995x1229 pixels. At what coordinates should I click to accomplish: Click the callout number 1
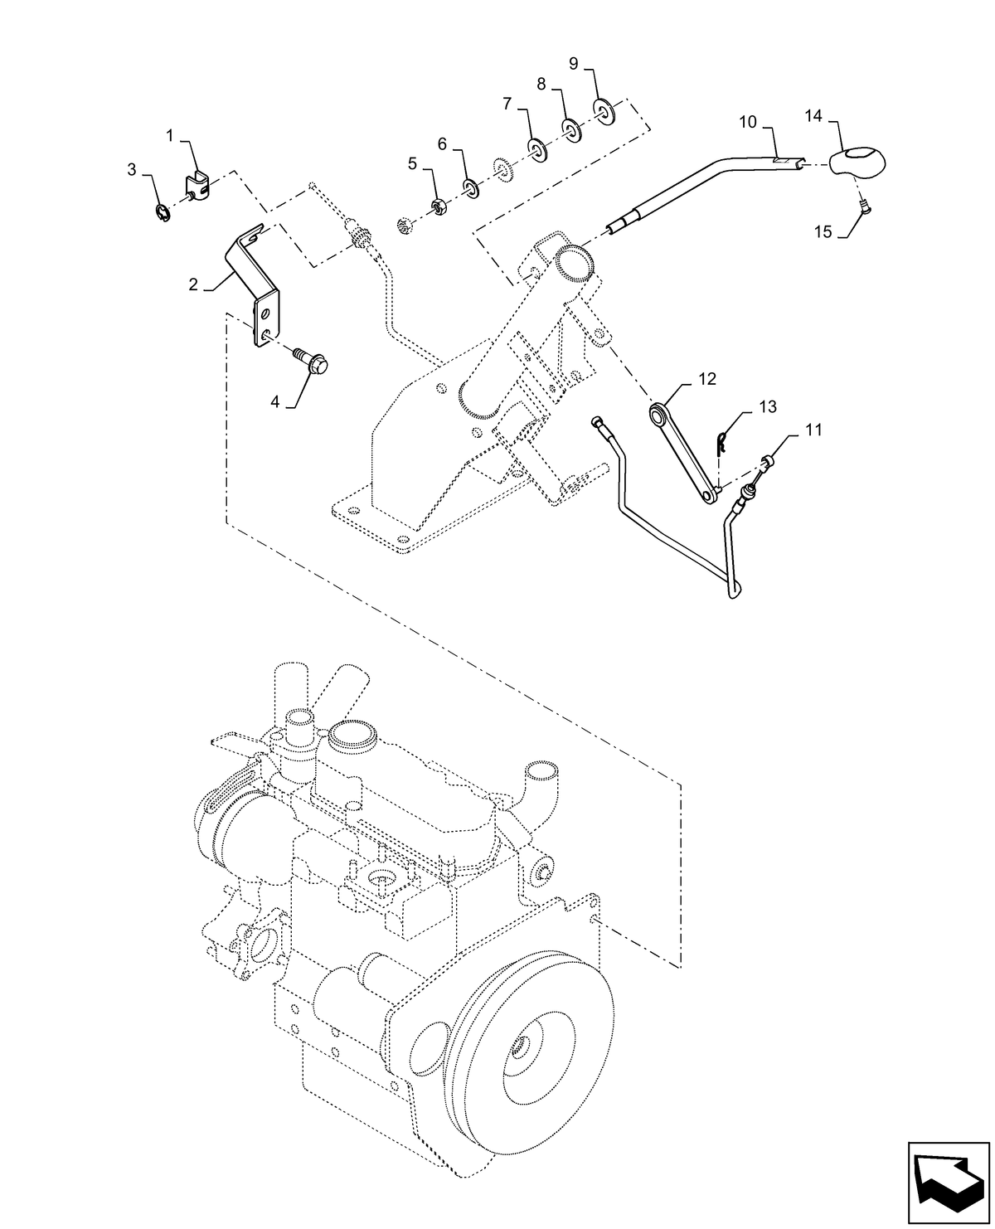[x=170, y=135]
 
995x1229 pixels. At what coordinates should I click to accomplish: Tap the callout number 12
[x=706, y=379]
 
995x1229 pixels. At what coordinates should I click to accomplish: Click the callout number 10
[x=748, y=122]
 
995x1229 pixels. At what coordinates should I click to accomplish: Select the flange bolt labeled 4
[x=313, y=361]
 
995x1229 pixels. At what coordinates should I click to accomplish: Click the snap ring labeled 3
[x=164, y=214]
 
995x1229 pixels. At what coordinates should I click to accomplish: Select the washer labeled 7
[x=536, y=150]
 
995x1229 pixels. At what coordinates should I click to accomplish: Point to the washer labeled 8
[x=570, y=128]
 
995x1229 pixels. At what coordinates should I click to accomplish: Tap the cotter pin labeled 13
[x=722, y=443]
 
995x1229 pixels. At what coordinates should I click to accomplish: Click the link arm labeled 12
[x=682, y=452]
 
